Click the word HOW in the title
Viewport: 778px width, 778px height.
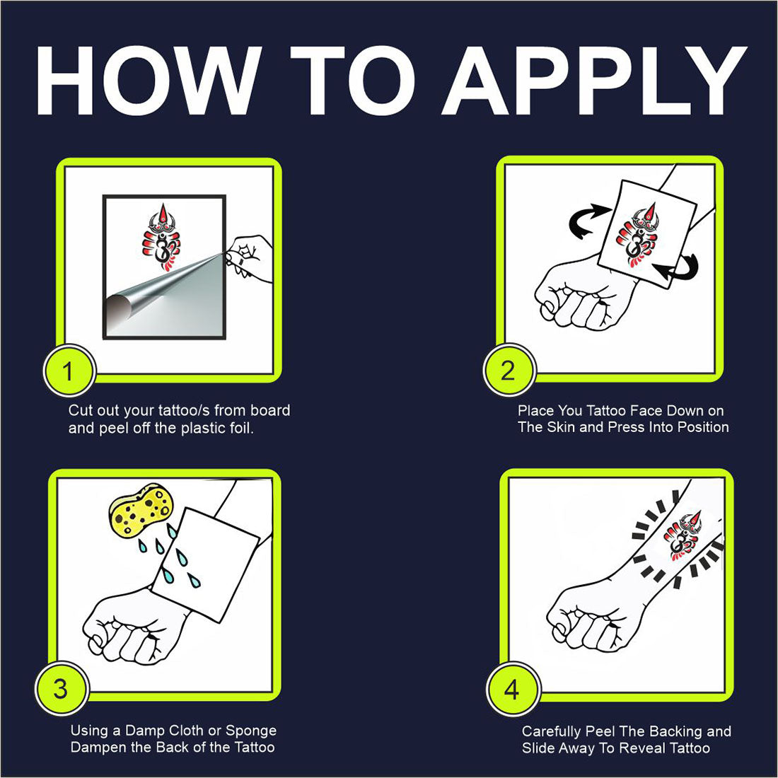(x=149, y=81)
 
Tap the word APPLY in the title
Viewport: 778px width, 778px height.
(x=594, y=81)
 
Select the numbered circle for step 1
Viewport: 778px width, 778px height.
(x=69, y=370)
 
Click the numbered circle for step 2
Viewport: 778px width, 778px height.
(x=509, y=369)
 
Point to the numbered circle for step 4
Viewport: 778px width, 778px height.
(x=513, y=689)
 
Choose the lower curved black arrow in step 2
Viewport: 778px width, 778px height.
(x=678, y=268)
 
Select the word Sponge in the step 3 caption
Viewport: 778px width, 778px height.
(x=251, y=731)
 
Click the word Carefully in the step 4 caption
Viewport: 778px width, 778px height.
(x=551, y=732)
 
